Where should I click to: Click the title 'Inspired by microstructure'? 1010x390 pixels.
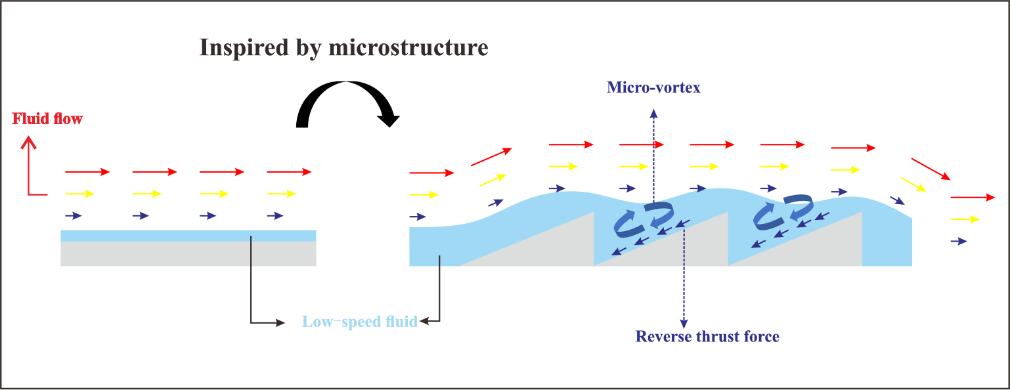click(x=343, y=48)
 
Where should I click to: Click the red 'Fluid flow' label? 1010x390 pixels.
click(x=47, y=119)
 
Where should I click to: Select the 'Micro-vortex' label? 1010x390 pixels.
click(x=653, y=87)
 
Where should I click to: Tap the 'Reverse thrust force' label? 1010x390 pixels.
click(x=707, y=337)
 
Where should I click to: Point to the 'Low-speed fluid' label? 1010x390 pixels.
click(x=359, y=322)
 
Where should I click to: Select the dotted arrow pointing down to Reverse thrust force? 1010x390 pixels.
click(x=684, y=276)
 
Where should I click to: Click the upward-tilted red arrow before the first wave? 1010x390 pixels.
click(x=491, y=156)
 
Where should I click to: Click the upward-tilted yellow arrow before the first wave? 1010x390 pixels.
click(x=493, y=180)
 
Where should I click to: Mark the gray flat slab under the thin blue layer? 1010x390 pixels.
click(x=188, y=253)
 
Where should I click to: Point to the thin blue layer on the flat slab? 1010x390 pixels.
click(x=188, y=236)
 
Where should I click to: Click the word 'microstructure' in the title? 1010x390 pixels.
click(x=418, y=48)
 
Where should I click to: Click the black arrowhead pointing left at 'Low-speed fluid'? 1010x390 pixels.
click(x=424, y=322)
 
